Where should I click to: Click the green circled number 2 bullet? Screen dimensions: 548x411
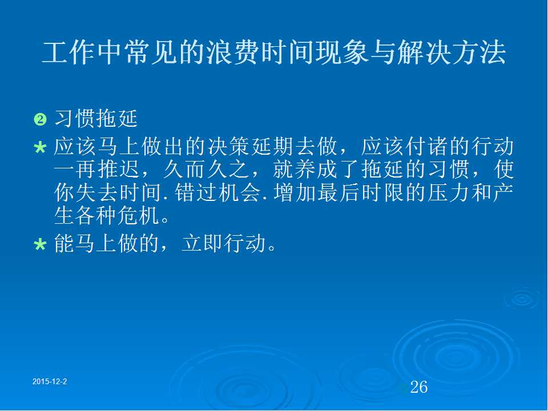pyautogui.click(x=40, y=119)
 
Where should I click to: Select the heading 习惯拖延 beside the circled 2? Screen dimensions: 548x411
pyautogui.click(x=96, y=119)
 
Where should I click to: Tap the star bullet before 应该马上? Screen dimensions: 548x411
pyautogui.click(x=40, y=147)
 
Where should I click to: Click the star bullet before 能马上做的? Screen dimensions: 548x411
pyautogui.click(x=40, y=244)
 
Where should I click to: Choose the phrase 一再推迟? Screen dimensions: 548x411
pyautogui.click(x=97, y=170)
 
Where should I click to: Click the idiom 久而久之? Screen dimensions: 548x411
pyautogui.click(x=206, y=170)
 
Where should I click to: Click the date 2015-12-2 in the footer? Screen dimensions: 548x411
pyautogui.click(x=50, y=382)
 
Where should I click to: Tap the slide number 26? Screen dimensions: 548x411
pyautogui.click(x=418, y=387)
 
